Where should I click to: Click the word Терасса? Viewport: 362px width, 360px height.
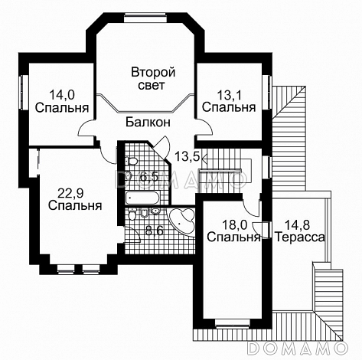tap(299, 237)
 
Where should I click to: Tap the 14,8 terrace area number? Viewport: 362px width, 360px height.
tap(299, 224)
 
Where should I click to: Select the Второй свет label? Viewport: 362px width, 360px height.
tap(152, 79)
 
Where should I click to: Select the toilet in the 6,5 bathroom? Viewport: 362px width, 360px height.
tap(131, 162)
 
